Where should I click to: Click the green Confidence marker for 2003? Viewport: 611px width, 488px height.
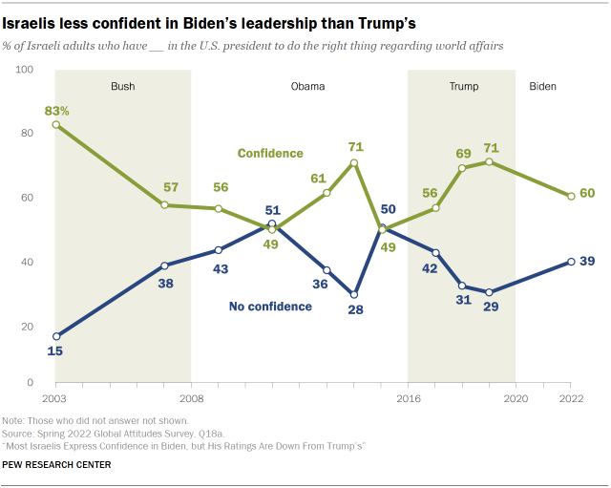[55, 124]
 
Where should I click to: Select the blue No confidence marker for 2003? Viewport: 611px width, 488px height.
[55, 336]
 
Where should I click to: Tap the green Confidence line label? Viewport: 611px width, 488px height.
[270, 153]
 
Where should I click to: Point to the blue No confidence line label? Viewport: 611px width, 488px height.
[270, 307]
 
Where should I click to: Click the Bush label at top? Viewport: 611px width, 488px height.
[122, 86]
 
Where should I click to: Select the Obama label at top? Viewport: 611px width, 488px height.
[307, 86]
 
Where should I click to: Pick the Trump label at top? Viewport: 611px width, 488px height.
[464, 86]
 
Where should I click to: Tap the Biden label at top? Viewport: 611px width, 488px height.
[542, 86]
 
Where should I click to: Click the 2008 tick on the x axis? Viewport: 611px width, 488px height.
[191, 396]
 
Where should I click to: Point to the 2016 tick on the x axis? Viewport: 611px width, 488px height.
[408, 396]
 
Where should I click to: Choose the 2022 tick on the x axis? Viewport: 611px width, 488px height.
[570, 396]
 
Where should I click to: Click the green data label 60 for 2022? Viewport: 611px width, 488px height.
[588, 194]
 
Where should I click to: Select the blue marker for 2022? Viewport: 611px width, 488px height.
[571, 262]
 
